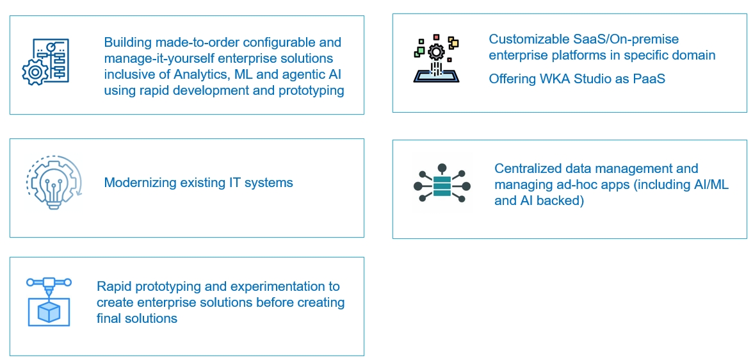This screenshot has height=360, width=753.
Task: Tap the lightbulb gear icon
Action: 54,183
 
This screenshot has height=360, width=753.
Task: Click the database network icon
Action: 442,186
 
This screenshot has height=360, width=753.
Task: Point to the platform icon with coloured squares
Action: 436,60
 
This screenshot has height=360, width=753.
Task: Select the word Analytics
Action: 188,74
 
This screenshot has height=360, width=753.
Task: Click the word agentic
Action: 289,74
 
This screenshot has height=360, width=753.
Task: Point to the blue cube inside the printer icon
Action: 49,312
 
